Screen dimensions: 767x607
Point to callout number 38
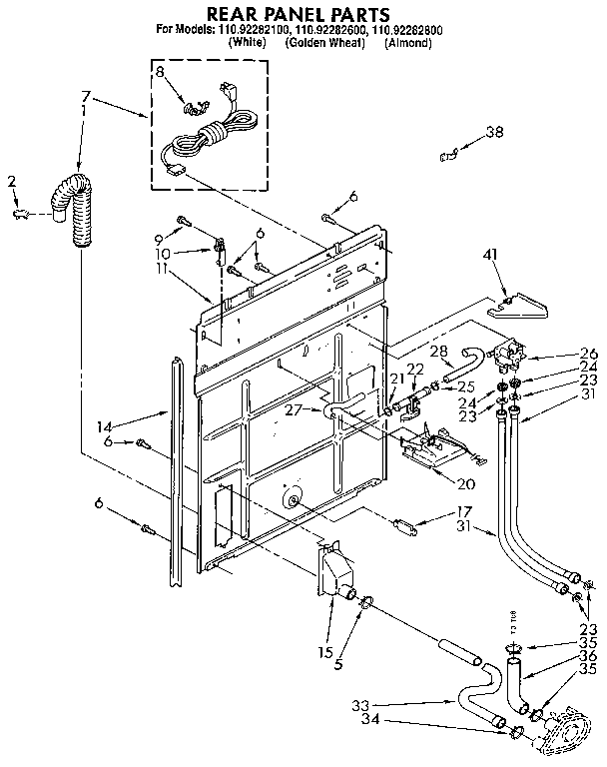pyautogui.click(x=495, y=133)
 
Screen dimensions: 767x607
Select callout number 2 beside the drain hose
pyautogui.click(x=12, y=181)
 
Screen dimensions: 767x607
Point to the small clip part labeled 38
pyautogui.click(x=449, y=153)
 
